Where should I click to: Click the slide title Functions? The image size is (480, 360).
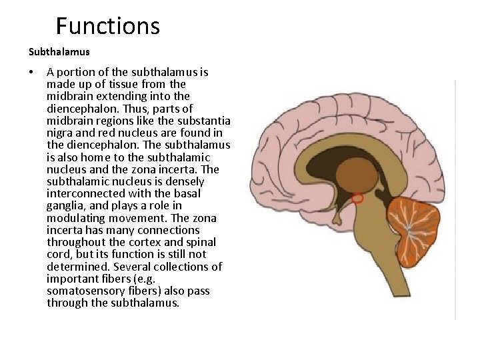[108, 26]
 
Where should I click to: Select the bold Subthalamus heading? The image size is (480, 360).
[59, 51]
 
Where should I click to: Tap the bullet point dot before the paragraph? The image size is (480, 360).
[31, 72]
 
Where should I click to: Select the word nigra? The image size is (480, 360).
[60, 133]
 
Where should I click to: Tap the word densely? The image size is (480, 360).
[184, 181]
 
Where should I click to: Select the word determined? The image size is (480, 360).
[75, 267]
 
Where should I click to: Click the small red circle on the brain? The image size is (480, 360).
[357, 198]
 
